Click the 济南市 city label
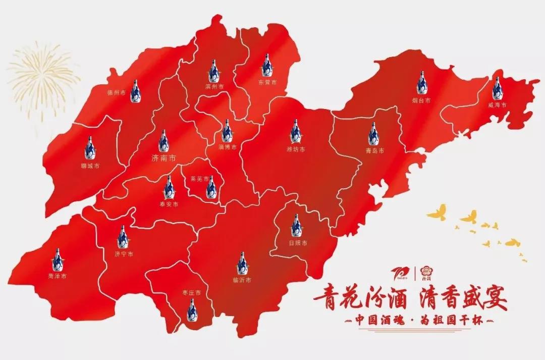[164, 158]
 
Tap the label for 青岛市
[375, 150]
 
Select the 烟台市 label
[420, 100]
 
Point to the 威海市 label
[497, 105]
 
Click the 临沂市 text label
[242, 279]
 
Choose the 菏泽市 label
[57, 276]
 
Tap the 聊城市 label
[90, 165]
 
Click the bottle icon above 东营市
[264, 68]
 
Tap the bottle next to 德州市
[135, 91]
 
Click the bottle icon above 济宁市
[122, 237]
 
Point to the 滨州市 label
[214, 86]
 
